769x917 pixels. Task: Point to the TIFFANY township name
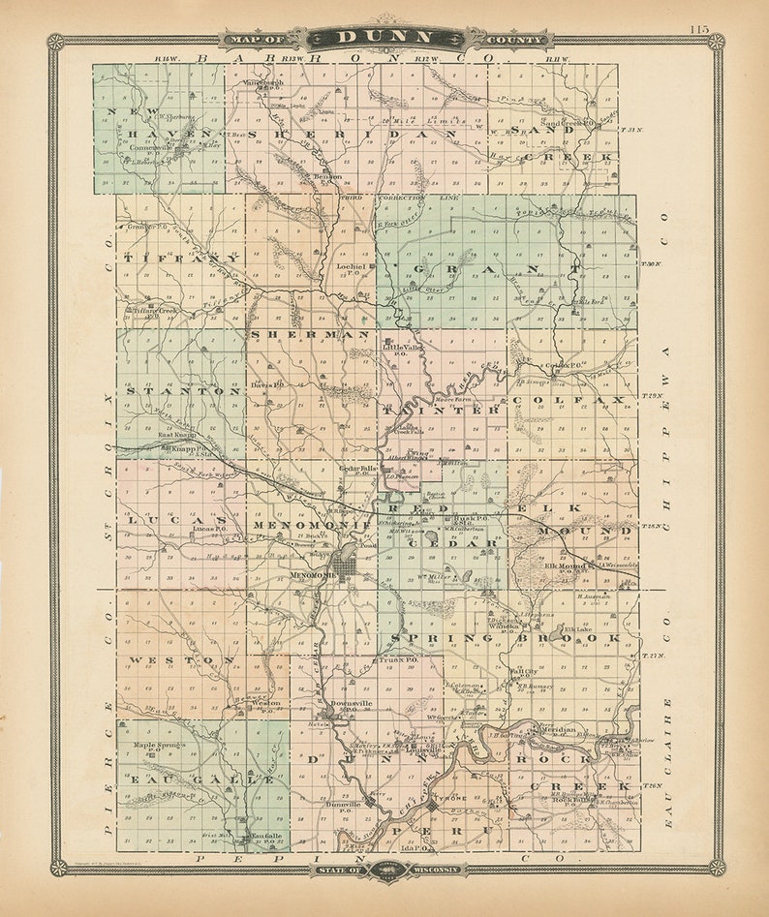tap(181, 259)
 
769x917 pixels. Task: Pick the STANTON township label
tap(180, 391)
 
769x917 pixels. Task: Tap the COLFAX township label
tap(568, 399)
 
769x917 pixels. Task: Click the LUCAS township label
tap(175, 521)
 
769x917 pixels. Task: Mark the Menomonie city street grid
tap(346, 562)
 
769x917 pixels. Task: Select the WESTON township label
tap(181, 659)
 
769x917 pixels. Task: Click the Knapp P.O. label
tap(180, 448)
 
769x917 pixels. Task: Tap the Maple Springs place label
tap(158, 745)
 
